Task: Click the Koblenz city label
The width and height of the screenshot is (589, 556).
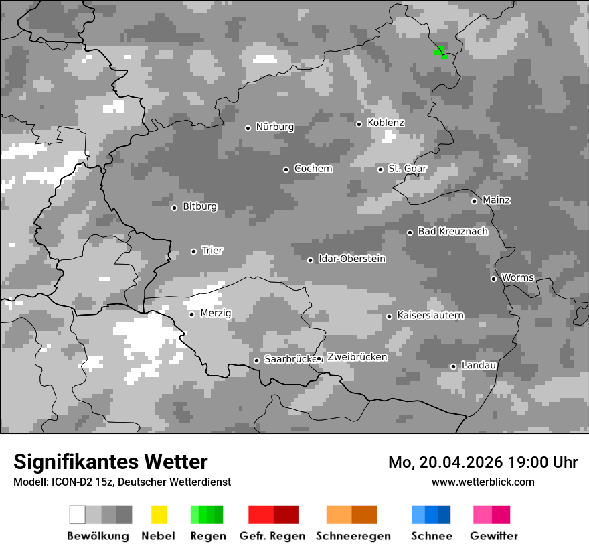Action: click(x=386, y=123)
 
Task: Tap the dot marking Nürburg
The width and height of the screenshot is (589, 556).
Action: click(x=248, y=128)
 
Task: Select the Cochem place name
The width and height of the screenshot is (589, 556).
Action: click(x=313, y=169)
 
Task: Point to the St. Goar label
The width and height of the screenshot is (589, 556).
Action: click(x=407, y=169)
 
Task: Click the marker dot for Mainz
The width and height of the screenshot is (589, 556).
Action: click(x=474, y=201)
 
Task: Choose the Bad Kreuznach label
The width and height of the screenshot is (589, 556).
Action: click(x=452, y=232)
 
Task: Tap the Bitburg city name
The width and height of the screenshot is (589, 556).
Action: click(x=199, y=207)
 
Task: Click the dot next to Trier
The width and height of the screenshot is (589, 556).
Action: click(x=193, y=251)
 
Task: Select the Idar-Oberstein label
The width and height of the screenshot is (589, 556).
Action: click(x=351, y=259)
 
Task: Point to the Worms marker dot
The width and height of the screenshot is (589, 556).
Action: click(x=493, y=279)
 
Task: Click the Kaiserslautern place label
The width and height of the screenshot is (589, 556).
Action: click(x=430, y=316)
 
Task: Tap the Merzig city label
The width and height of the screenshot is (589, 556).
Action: click(x=215, y=314)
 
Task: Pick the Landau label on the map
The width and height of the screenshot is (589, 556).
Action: click(x=478, y=366)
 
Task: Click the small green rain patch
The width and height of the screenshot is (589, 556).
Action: click(x=440, y=52)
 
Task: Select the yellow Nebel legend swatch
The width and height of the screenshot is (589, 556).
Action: click(x=159, y=514)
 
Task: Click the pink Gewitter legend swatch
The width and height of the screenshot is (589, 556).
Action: click(x=491, y=514)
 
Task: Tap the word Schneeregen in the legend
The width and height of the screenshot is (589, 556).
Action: click(x=353, y=536)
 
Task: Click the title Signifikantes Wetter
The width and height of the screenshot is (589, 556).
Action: click(x=110, y=462)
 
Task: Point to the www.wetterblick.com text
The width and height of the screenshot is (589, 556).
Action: click(x=483, y=482)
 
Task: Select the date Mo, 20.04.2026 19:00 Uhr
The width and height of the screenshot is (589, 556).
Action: click(x=483, y=462)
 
